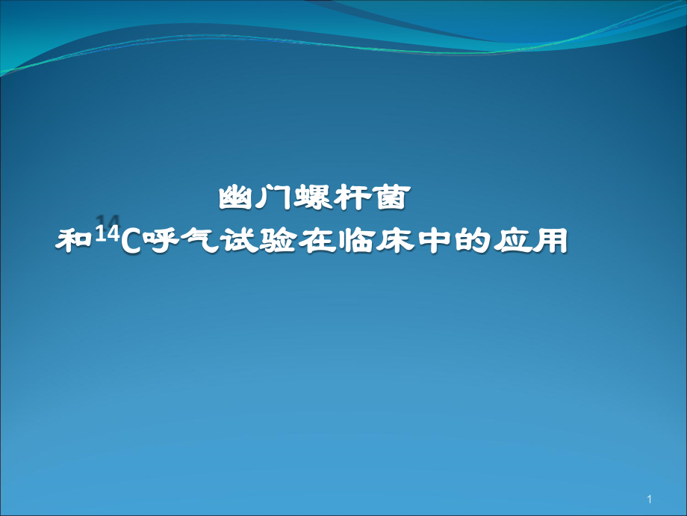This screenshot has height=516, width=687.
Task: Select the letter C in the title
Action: pyautogui.click(x=128, y=242)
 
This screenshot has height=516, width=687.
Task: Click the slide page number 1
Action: pyautogui.click(x=650, y=499)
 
